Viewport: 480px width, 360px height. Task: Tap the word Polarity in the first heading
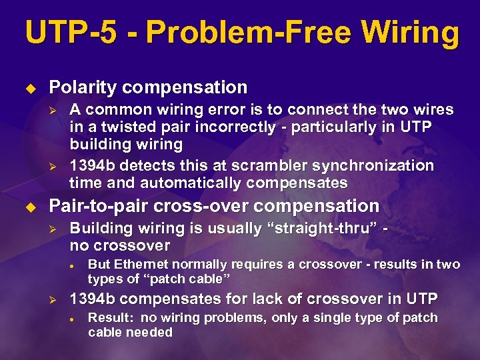coord(80,87)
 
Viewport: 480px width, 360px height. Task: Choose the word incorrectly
coord(211,127)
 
